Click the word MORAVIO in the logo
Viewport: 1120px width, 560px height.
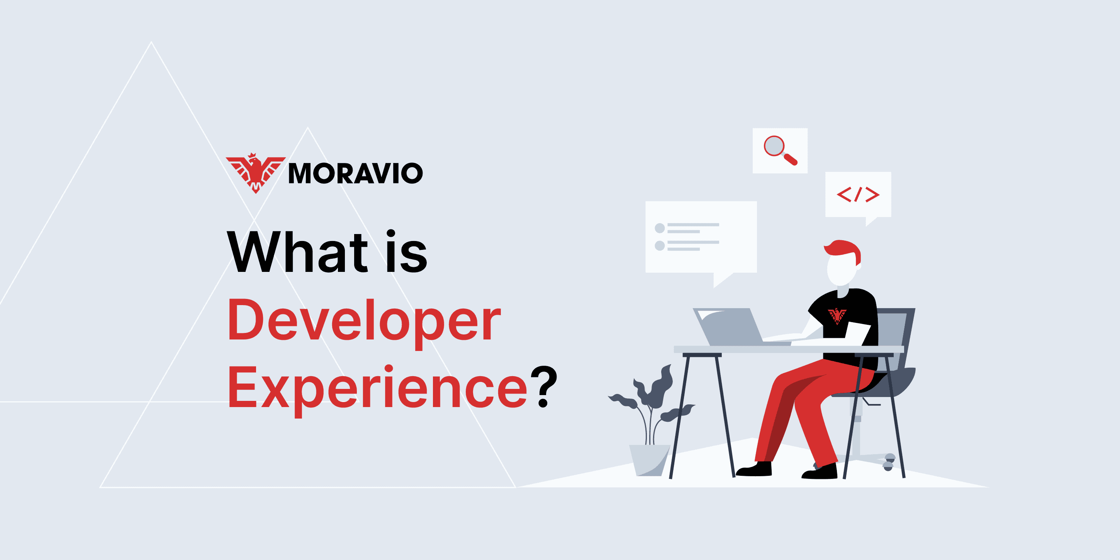355,173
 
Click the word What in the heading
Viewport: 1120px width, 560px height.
297,252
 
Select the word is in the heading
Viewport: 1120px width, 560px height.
407,252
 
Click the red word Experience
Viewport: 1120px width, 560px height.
377,390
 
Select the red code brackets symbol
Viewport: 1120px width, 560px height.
858,194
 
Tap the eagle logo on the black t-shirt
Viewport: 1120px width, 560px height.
837,316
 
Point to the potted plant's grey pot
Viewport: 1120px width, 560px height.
650,460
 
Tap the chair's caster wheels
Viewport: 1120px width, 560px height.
889,462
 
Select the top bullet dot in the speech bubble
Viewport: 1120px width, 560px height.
660,228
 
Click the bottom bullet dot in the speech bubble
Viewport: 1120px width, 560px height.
660,246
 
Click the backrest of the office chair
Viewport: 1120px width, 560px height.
900,339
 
